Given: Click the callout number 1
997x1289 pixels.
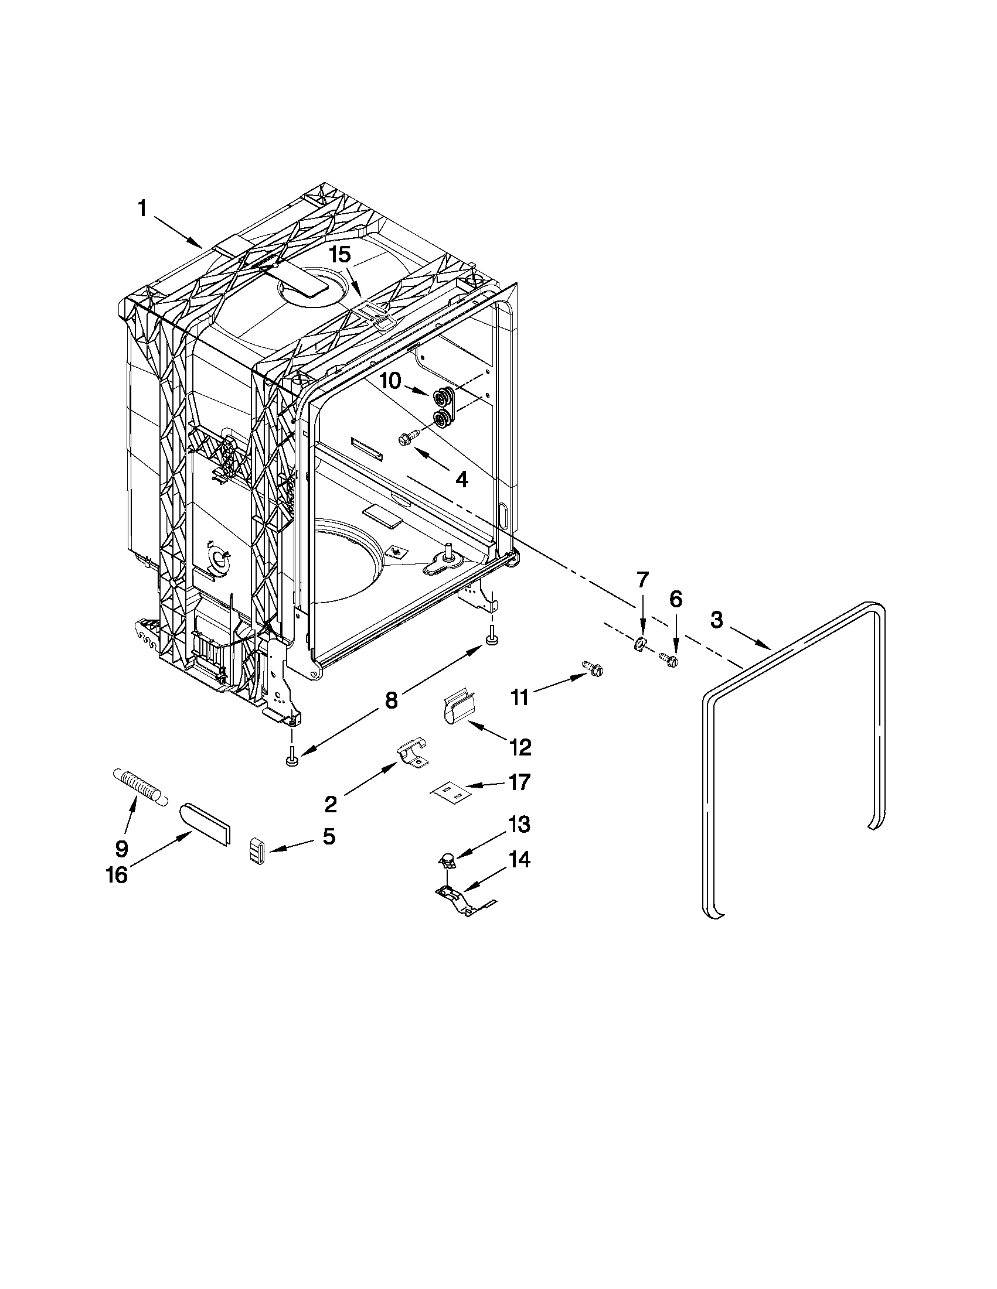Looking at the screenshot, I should point(142,209).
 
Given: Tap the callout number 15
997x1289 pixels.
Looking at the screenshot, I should point(339,255).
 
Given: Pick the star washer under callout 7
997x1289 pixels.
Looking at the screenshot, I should point(639,644).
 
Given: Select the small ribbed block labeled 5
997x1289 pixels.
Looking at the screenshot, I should point(256,852).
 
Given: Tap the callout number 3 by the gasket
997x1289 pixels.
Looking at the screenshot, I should point(716,621).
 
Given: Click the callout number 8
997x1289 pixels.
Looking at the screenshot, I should point(391,700).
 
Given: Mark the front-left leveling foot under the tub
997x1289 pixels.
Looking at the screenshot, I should point(291,760).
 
